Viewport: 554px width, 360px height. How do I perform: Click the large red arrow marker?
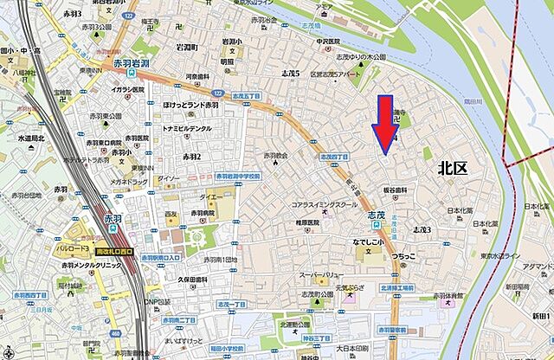(x=383, y=126)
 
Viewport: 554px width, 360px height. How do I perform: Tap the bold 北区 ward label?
(x=452, y=168)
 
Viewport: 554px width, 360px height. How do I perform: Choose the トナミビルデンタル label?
(x=186, y=129)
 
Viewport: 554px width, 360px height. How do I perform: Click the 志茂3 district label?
(x=421, y=229)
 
